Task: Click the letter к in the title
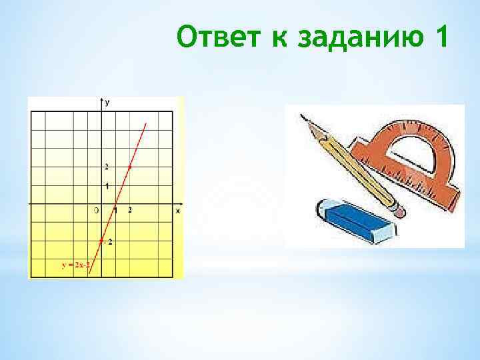(277, 39)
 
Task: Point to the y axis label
(107, 102)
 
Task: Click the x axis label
(178, 211)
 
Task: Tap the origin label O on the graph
(96, 211)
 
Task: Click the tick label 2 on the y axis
(105, 166)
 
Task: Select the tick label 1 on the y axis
(107, 185)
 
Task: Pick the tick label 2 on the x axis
(129, 211)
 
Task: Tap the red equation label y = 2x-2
(75, 265)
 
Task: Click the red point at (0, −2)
(101, 240)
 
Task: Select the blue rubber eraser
(354, 221)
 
